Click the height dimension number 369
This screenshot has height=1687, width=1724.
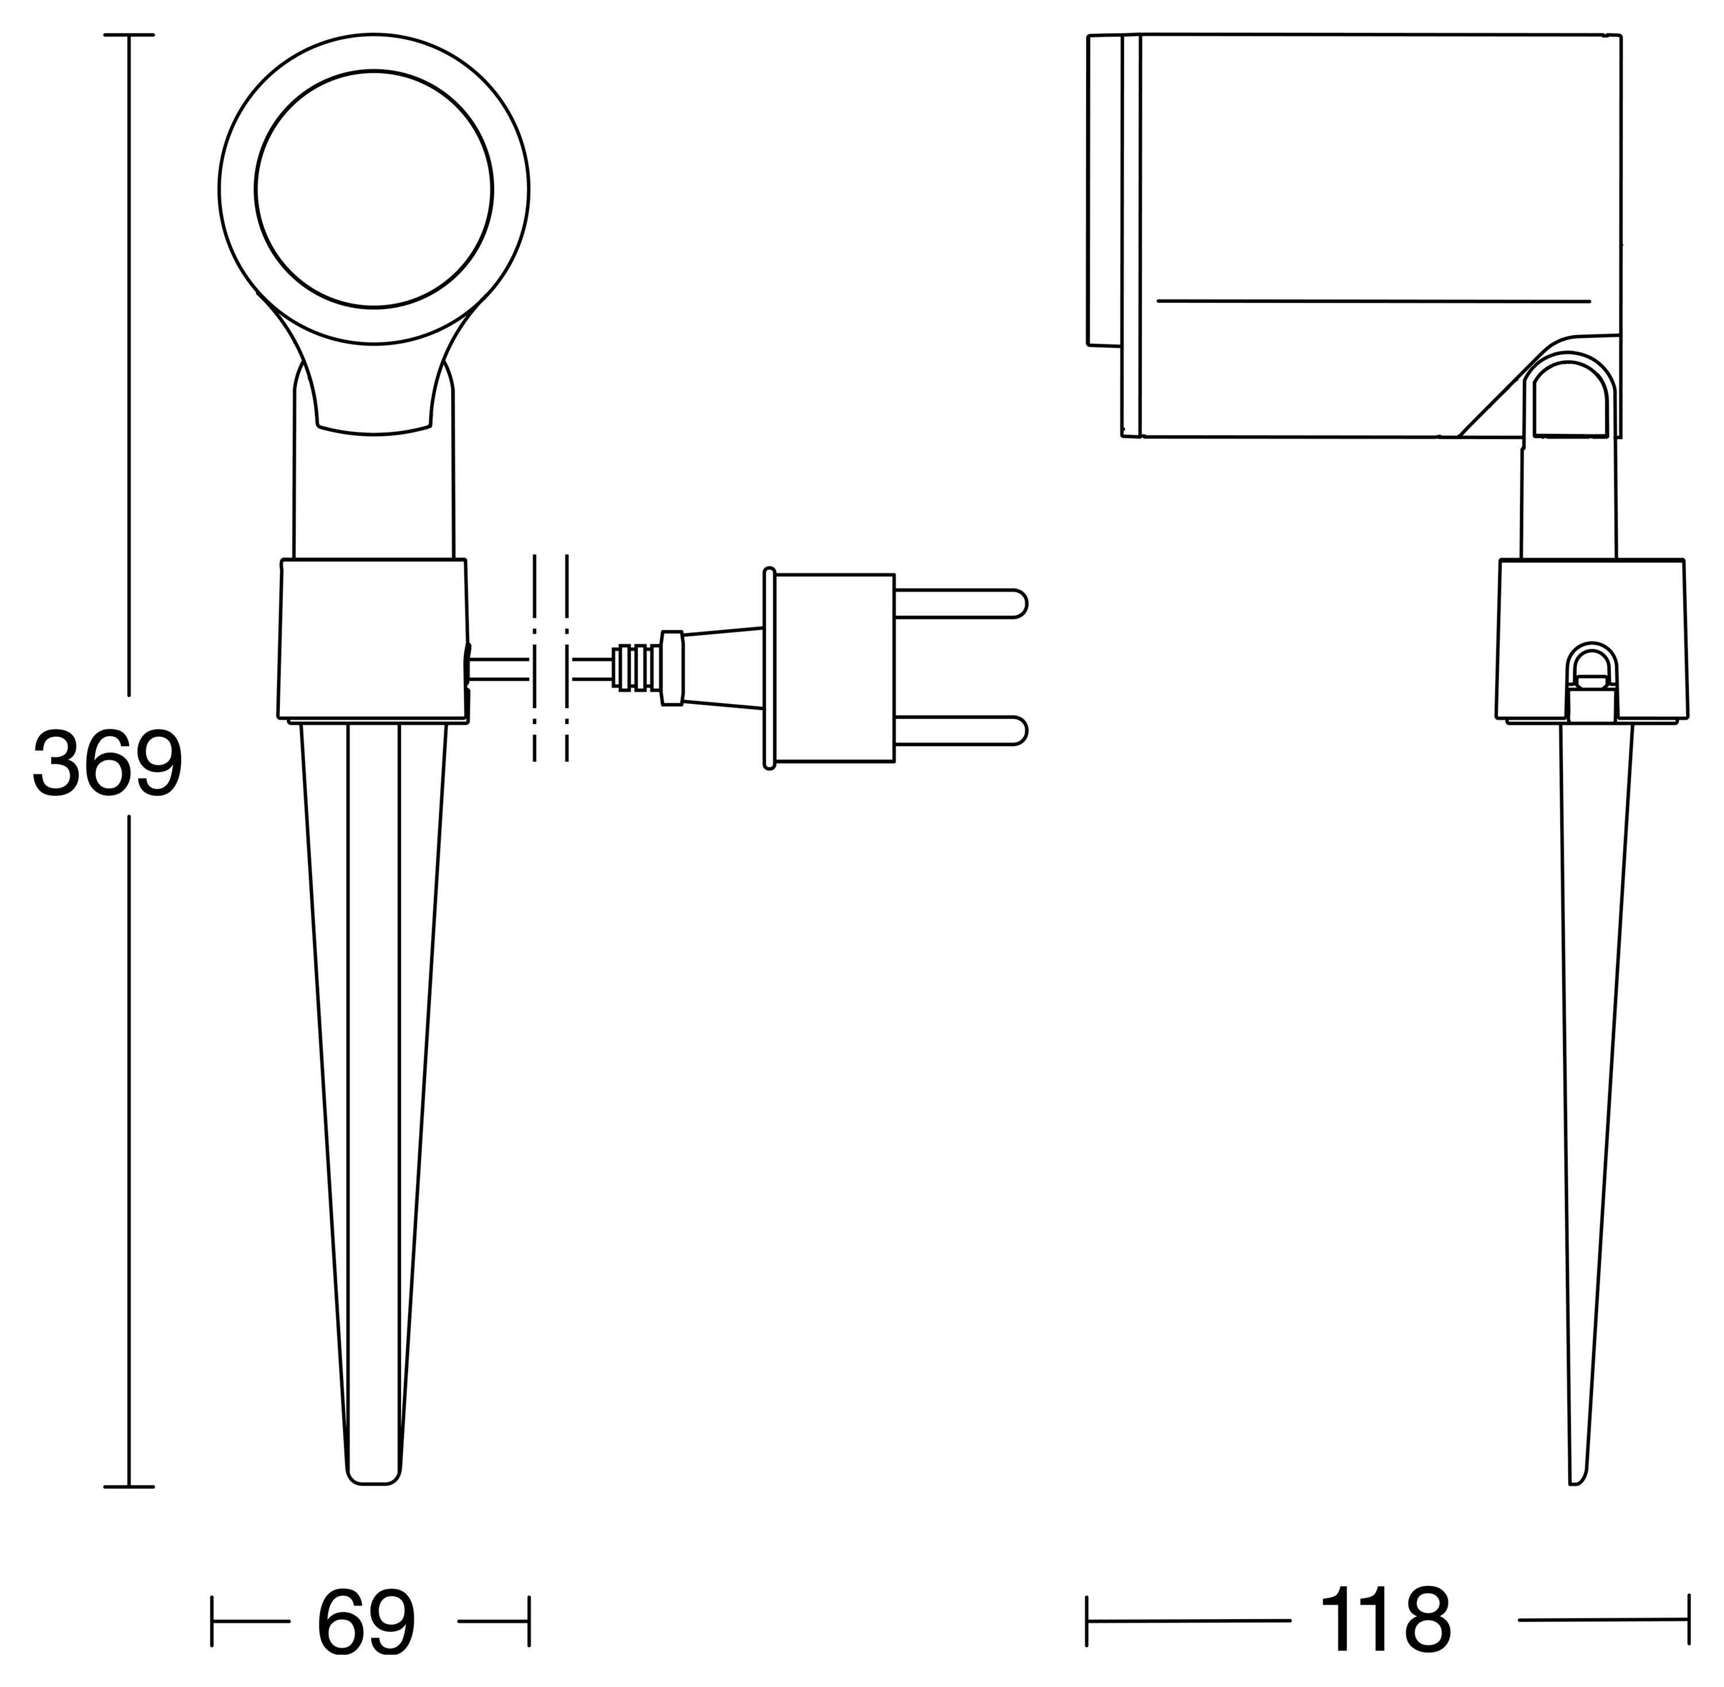click(108, 763)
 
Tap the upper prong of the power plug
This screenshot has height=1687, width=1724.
click(960, 604)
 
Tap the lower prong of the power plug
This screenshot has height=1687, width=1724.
click(960, 731)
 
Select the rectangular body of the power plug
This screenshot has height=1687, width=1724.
click(834, 668)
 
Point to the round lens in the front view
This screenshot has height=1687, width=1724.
click(374, 189)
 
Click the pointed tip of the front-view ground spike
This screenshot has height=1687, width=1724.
click(373, 1507)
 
